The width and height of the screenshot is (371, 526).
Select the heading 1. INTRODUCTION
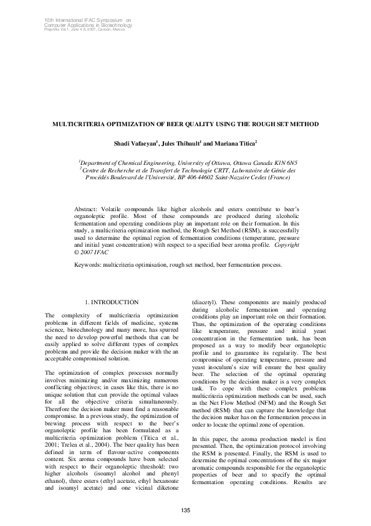pos(112,302)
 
